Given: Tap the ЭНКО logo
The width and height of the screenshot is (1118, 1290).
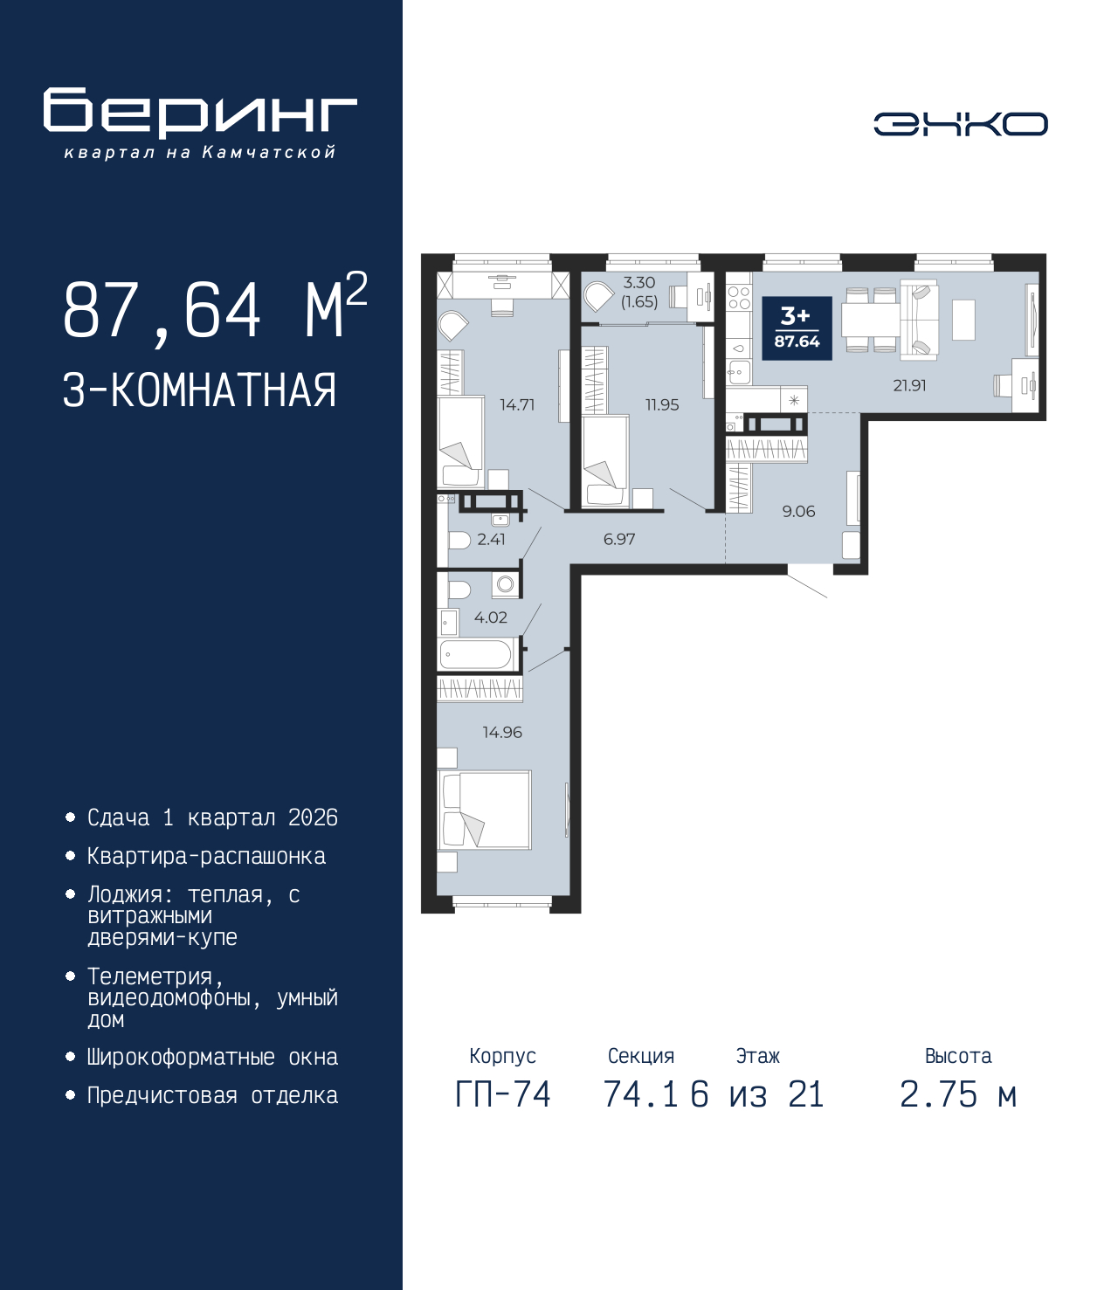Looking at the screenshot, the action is (960, 123).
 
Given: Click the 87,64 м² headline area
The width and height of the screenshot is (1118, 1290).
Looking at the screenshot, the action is (216, 309).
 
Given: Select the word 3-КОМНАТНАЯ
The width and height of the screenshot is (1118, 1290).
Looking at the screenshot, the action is (200, 390).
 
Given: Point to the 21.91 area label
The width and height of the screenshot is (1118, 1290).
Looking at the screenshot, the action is (909, 386).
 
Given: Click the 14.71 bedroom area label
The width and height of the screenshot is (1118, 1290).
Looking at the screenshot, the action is (517, 405).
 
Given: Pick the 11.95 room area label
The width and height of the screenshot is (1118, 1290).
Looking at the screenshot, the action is (662, 405).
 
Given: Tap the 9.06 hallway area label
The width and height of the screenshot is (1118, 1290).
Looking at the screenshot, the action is (798, 512).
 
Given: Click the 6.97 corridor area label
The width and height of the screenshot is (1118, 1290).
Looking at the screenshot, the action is (619, 539).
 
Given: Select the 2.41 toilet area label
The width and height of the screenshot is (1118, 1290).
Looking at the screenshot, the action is (491, 539).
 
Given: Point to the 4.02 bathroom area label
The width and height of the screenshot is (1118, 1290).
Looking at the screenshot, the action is (491, 617).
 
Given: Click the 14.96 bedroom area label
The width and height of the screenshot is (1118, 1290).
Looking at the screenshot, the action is (502, 732).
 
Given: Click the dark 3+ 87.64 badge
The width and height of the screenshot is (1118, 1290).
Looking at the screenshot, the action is (797, 328).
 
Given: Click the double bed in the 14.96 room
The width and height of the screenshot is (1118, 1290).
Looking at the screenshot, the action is (485, 810).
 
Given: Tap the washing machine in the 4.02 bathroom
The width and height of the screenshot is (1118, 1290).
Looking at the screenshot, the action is (505, 585).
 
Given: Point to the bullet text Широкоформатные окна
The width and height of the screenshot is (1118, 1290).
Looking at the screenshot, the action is (212, 1057).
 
